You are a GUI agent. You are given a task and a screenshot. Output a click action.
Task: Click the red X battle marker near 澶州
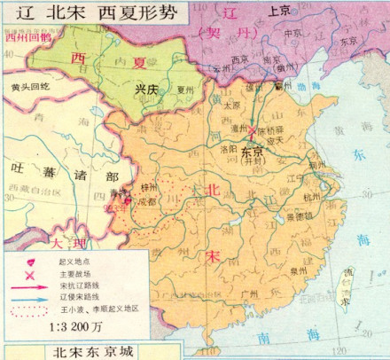(253, 130)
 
